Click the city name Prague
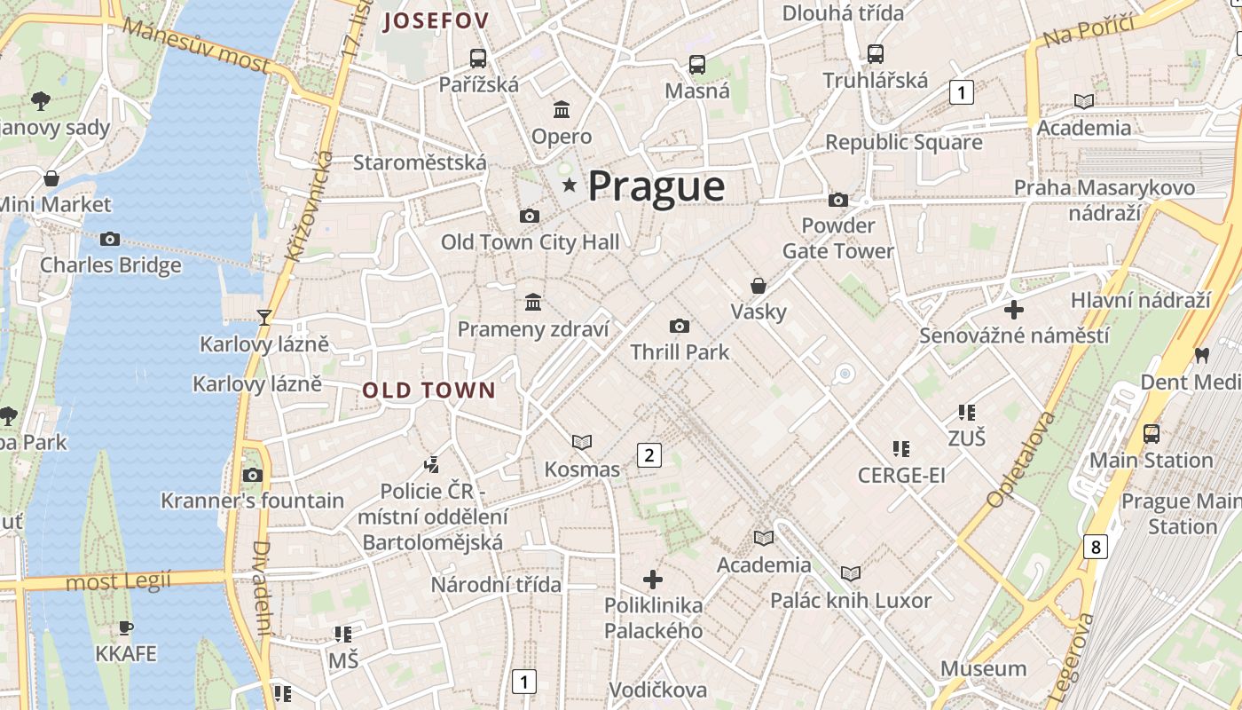coord(656,186)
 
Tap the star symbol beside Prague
coord(569,185)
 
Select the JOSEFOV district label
coord(436,21)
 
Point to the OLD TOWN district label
coord(428,390)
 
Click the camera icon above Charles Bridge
coord(110,239)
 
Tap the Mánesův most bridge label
coord(196,44)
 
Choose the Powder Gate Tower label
coord(837,238)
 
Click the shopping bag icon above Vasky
coord(759,286)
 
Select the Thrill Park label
coord(680,351)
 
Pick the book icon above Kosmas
coord(582,442)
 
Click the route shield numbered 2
coord(649,456)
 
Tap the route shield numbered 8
coord(1096,547)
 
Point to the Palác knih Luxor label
coord(851,601)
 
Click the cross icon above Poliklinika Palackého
coord(653,580)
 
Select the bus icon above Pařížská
coord(478,59)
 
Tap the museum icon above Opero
coord(562,110)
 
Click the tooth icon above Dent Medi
coord(1202,355)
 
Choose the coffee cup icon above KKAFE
coord(126,628)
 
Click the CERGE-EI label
coord(901,476)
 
